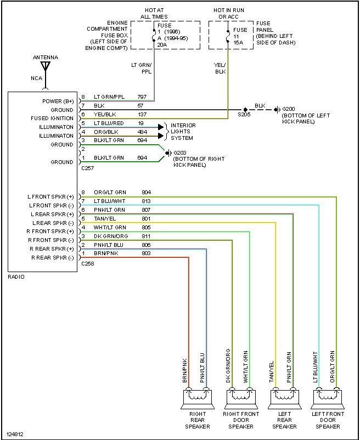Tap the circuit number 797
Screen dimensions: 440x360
point(142,97)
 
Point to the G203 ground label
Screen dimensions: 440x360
point(180,153)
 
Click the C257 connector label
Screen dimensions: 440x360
point(87,169)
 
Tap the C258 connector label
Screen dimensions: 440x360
point(87,264)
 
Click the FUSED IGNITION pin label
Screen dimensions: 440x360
point(51,119)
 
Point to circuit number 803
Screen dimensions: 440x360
point(146,253)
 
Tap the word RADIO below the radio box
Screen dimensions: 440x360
point(16,277)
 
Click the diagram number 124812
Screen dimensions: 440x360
point(15,434)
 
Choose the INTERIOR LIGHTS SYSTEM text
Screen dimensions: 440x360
point(183,131)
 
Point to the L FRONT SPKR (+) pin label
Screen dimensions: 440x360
point(51,196)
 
